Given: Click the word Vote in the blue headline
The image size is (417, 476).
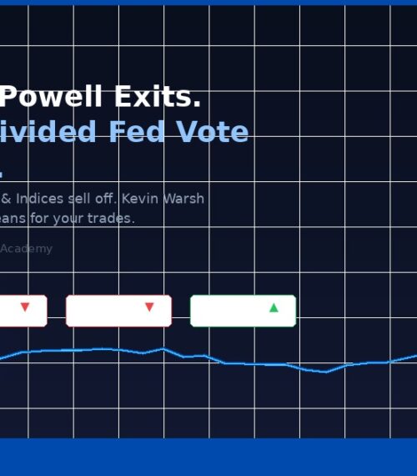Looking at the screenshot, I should (219, 133).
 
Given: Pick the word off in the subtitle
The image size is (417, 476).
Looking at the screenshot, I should (117, 199).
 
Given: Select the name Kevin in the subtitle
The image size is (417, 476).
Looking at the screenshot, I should (152, 199).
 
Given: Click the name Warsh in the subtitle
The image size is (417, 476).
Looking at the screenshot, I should (188, 199).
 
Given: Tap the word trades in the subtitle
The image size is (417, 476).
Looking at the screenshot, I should (113, 219).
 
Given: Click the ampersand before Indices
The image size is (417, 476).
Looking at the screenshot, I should (6, 199).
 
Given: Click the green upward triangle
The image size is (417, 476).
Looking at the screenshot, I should (274, 308).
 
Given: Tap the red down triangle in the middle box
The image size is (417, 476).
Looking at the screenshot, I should (149, 308).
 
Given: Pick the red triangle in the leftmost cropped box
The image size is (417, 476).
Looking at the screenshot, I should (25, 308).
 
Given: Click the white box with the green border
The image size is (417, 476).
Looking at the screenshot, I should (243, 311).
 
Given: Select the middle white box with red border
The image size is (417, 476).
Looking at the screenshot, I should (118, 311).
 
